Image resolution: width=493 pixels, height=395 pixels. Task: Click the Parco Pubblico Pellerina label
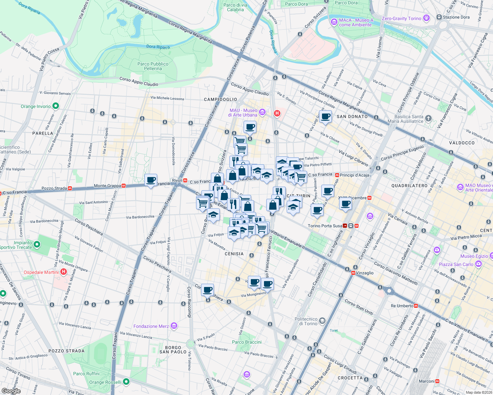coord(153,66)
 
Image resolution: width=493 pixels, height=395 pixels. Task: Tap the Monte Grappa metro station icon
coord(124,186)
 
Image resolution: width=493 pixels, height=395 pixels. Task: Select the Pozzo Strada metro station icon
coord(70,188)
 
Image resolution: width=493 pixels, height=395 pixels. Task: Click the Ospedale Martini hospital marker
coord(64,272)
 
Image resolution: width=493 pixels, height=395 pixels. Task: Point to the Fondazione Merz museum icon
coord(174,326)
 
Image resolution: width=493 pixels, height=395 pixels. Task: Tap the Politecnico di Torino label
coord(306,321)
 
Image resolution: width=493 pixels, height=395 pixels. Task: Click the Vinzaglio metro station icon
coord(353,273)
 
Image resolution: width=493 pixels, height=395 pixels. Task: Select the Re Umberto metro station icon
coord(416,306)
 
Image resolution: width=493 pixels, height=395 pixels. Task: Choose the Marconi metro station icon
coord(437,381)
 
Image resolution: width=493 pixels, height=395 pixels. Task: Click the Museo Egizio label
coord(474,256)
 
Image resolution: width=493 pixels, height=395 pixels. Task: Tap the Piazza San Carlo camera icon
coord(478,264)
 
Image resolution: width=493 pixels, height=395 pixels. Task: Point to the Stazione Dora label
coord(456,17)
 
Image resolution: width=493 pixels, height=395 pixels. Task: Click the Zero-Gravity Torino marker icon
coord(426,18)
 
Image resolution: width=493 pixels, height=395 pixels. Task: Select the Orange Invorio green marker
coord(56,106)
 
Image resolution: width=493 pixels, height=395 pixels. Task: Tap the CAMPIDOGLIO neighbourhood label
coord(220,99)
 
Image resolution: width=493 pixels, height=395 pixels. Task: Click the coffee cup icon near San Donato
coord(325,117)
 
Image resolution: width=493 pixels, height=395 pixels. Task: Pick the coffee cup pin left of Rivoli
coord(151,180)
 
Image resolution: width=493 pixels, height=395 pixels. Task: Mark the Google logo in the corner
coord(11,391)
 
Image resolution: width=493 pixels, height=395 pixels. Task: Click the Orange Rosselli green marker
coord(126,382)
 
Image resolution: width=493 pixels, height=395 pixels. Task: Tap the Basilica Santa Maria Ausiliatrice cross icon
coord(428,118)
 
